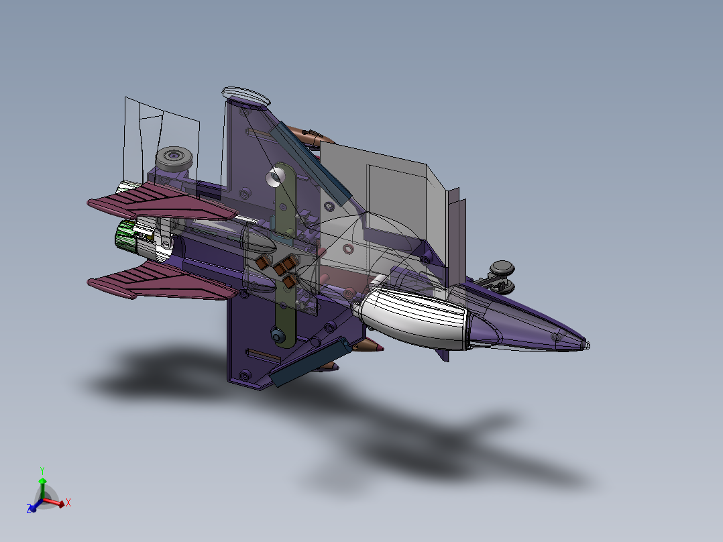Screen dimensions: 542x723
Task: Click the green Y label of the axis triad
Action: click(42, 470)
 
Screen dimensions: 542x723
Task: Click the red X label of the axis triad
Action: click(68, 502)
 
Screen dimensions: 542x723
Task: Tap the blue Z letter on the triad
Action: click(30, 510)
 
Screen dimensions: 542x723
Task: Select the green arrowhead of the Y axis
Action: click(42, 480)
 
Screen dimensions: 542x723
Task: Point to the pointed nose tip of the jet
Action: click(587, 345)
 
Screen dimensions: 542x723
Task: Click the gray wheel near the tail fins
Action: click(175, 159)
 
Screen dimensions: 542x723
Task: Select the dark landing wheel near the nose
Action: click(502, 269)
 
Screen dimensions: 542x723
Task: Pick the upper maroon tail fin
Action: click(161, 201)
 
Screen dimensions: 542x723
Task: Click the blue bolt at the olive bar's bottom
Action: click(276, 334)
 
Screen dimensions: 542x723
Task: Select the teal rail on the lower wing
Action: click(310, 362)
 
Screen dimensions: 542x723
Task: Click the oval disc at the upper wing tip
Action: click(247, 95)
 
